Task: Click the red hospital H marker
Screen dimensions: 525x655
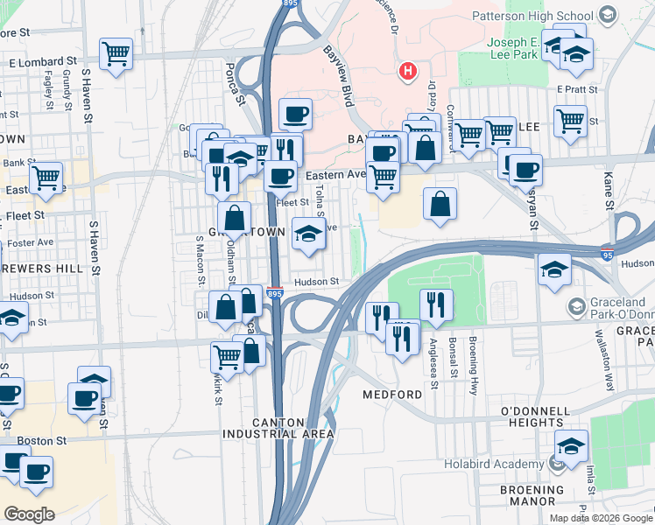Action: click(x=407, y=71)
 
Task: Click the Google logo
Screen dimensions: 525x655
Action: click(x=29, y=514)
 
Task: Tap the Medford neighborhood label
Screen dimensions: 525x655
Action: click(x=392, y=395)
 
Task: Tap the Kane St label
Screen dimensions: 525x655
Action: click(x=607, y=189)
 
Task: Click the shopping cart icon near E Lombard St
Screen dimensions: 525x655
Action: click(x=116, y=53)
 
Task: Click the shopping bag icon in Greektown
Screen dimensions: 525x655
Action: click(x=235, y=218)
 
